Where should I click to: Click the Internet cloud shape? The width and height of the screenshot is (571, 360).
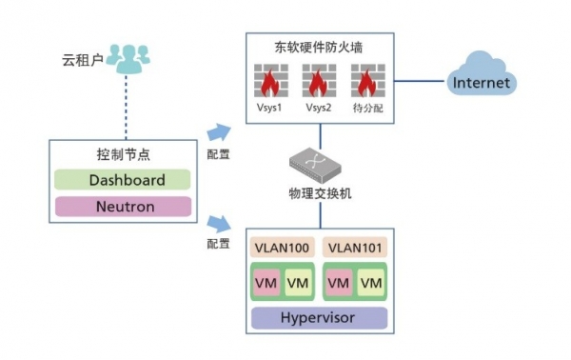coord(481,82)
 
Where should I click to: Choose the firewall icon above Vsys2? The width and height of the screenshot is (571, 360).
coord(317,81)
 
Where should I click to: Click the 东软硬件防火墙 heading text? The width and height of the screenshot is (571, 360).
coord(318,46)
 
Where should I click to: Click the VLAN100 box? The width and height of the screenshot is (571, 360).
coord(282,248)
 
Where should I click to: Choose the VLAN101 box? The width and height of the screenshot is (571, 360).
coord(354,248)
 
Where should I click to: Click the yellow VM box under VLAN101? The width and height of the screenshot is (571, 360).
coord(370,283)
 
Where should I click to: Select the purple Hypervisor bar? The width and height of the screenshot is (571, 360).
coord(319,317)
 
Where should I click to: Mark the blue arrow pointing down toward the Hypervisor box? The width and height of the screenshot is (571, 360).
coord(218,224)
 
